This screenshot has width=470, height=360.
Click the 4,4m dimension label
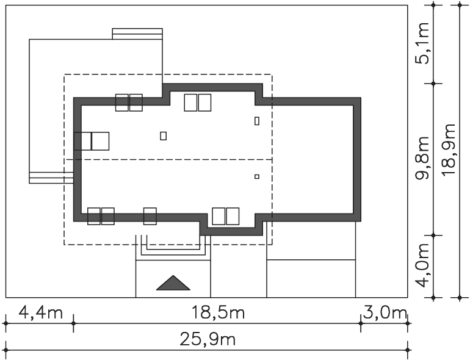41,312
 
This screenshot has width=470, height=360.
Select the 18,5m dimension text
218,312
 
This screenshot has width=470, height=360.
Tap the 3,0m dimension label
385,312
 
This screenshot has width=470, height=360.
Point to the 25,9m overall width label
208,340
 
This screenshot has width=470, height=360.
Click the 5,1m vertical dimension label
422,43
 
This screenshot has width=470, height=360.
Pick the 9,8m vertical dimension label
422,158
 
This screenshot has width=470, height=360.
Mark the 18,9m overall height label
449,150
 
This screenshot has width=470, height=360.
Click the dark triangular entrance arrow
173,283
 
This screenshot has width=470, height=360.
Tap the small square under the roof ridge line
257,176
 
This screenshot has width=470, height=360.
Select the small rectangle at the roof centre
164,136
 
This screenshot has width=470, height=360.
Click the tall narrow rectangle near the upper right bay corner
257,121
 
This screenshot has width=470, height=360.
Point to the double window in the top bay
198,103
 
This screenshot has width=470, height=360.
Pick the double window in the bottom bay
226,216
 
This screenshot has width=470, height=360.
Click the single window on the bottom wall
150,216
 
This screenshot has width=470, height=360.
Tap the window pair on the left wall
92,141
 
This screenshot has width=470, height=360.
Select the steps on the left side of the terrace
51,178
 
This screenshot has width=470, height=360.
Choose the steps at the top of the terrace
137,34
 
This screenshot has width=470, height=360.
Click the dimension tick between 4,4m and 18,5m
74,323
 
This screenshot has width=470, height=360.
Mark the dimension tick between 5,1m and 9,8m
433,84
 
